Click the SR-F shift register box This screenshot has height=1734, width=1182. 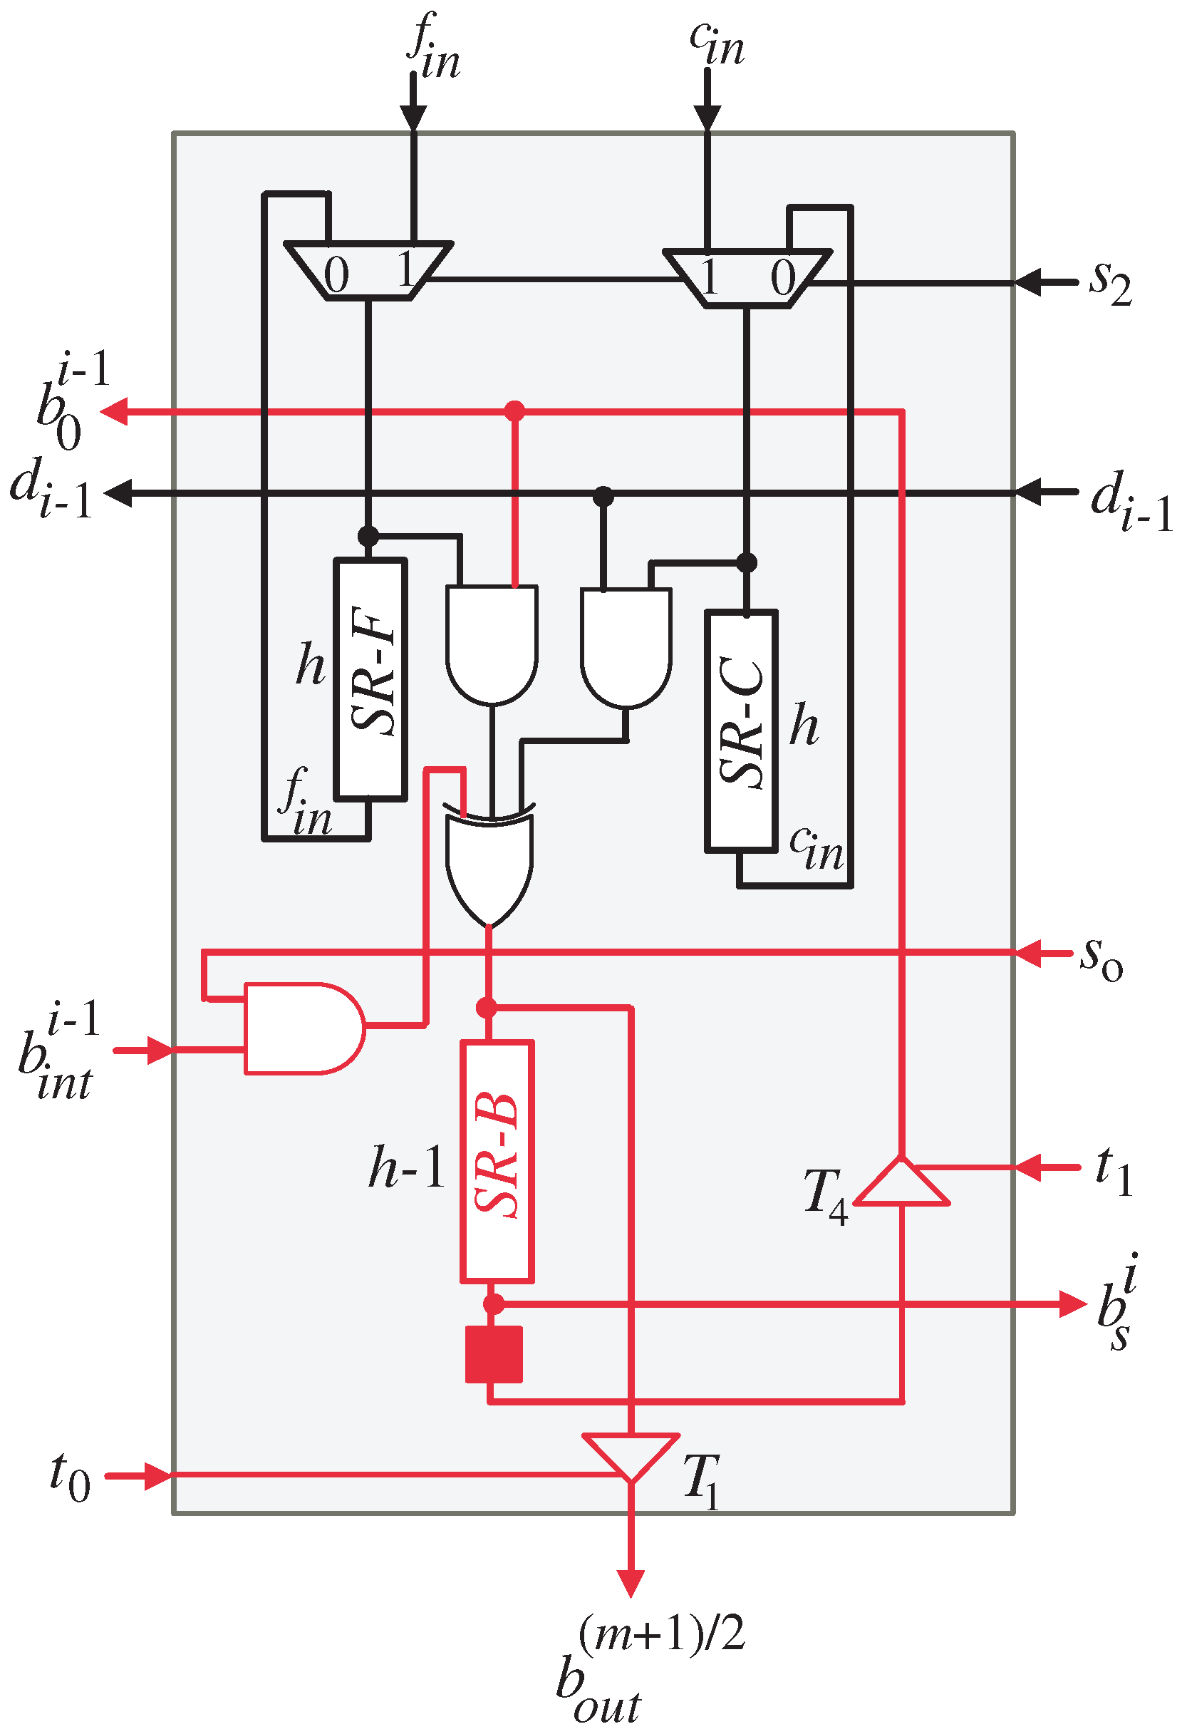tap(370, 679)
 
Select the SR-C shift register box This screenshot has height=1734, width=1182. tap(741, 731)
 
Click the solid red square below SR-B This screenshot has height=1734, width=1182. tap(494, 1353)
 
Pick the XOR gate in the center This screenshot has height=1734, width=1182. tap(490, 865)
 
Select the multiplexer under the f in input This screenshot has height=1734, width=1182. tap(368, 270)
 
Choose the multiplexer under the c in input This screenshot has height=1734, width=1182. tap(747, 277)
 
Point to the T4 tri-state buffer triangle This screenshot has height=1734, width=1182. tap(901, 1182)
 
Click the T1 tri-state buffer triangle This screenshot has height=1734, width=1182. tap(631, 1452)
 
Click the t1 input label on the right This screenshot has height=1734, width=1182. tap(1114, 1170)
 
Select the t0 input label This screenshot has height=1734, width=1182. tap(69, 1476)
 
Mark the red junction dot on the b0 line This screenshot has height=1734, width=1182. tap(514, 411)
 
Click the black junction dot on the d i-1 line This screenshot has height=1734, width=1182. tap(603, 495)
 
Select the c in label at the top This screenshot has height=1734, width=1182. tap(716, 43)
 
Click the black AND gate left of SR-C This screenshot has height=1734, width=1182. tap(626, 646)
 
